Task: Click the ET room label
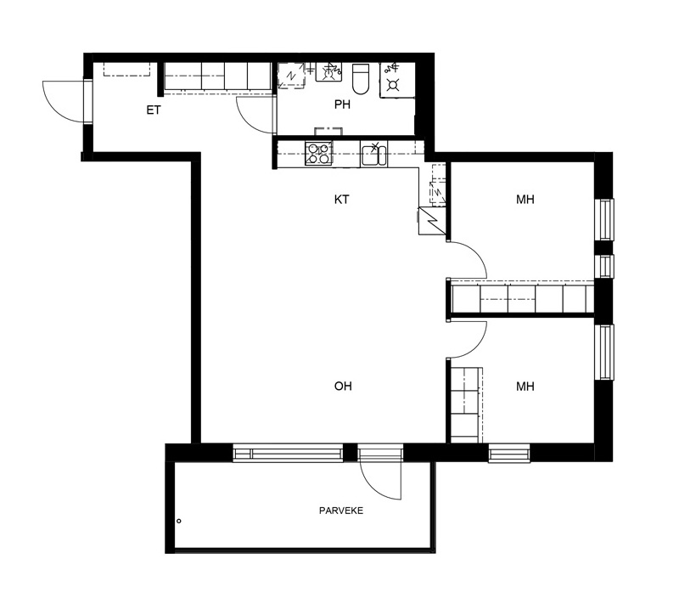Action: click(154, 110)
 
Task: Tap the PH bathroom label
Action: click(342, 104)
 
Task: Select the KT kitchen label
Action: click(342, 200)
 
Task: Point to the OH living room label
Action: click(343, 386)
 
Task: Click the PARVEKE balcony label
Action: click(341, 511)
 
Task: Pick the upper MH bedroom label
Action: click(525, 200)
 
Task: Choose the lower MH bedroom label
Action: click(525, 387)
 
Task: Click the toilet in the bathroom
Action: click(360, 79)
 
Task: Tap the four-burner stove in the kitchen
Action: click(319, 154)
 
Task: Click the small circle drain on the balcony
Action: click(179, 521)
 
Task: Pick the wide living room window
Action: click(288, 454)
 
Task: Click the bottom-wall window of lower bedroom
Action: click(509, 454)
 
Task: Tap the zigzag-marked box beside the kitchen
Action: click(432, 221)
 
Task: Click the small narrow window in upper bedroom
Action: click(604, 266)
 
